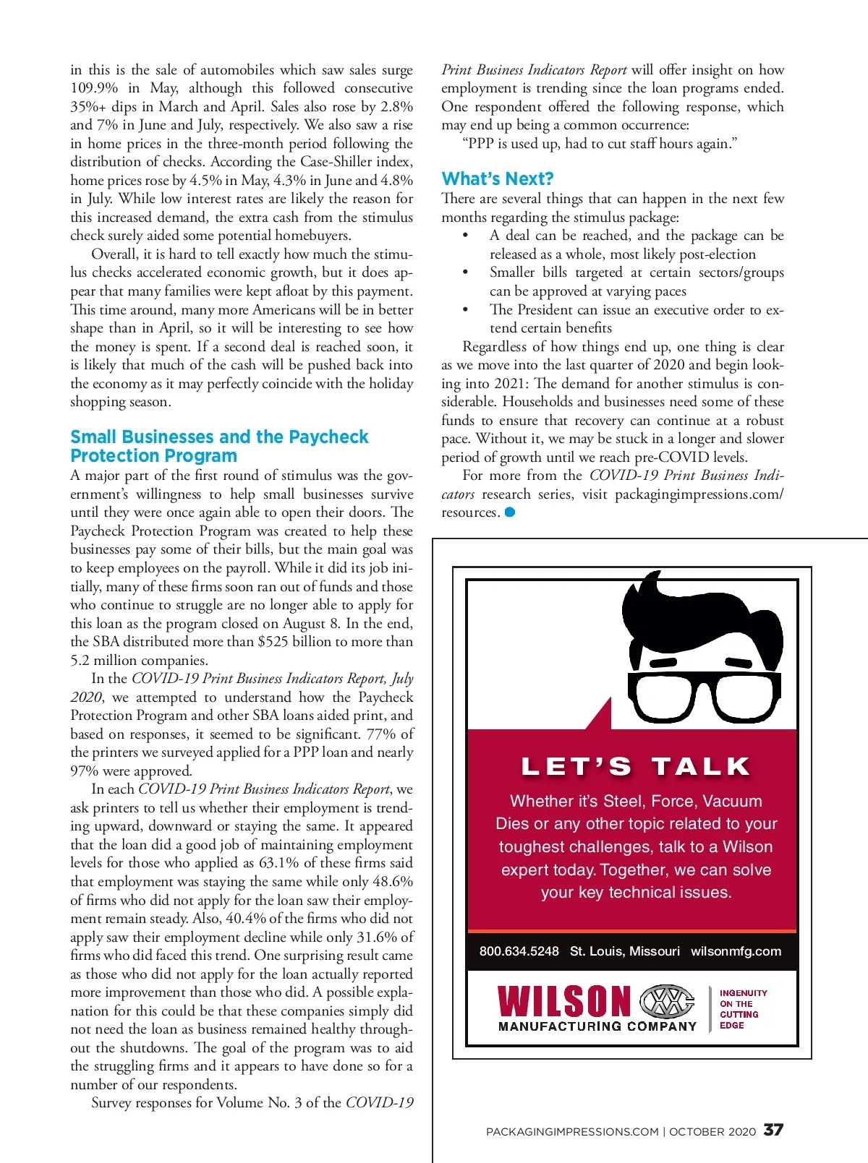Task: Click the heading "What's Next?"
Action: (498, 179)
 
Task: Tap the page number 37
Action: (773, 1130)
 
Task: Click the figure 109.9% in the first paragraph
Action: (94, 88)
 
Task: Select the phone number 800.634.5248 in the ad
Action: (519, 951)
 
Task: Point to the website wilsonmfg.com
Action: (736, 951)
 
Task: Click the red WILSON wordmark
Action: (564, 1002)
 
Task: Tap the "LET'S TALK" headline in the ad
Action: (636, 767)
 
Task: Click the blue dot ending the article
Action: (510, 512)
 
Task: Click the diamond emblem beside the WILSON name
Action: (668, 1002)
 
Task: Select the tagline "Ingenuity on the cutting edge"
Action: (742, 1009)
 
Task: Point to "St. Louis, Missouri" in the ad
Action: (624, 951)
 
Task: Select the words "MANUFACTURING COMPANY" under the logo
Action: (597, 1026)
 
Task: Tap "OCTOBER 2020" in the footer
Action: (712, 1132)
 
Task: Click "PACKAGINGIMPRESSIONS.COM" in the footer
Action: (572, 1132)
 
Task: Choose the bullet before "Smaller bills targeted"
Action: (465, 273)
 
